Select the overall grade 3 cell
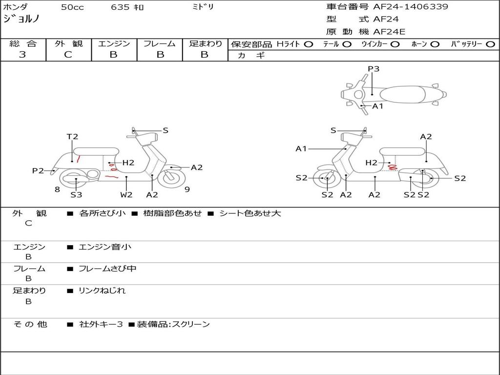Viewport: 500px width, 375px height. pos(22,55)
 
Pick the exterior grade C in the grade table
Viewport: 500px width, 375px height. pos(68,55)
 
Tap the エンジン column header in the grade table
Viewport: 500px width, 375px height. pos(114,44)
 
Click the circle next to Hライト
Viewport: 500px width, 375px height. pos(308,44)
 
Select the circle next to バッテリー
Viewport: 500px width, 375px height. pos(490,44)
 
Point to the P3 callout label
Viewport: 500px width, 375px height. pos(374,69)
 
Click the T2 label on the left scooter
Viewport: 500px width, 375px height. pos(72,137)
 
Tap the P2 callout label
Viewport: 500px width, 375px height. pos(38,171)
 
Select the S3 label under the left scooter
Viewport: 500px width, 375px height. pos(76,194)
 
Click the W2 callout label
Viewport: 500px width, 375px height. pos(126,194)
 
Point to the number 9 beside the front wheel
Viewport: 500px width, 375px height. pos(187,189)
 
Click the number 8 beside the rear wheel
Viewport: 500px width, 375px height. pos(57,189)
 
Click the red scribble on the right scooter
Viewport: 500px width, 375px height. pos(391,167)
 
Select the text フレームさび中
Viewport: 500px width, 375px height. pos(107,269)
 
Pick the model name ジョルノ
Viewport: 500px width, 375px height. pos(21,19)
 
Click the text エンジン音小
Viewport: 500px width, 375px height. pos(104,247)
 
